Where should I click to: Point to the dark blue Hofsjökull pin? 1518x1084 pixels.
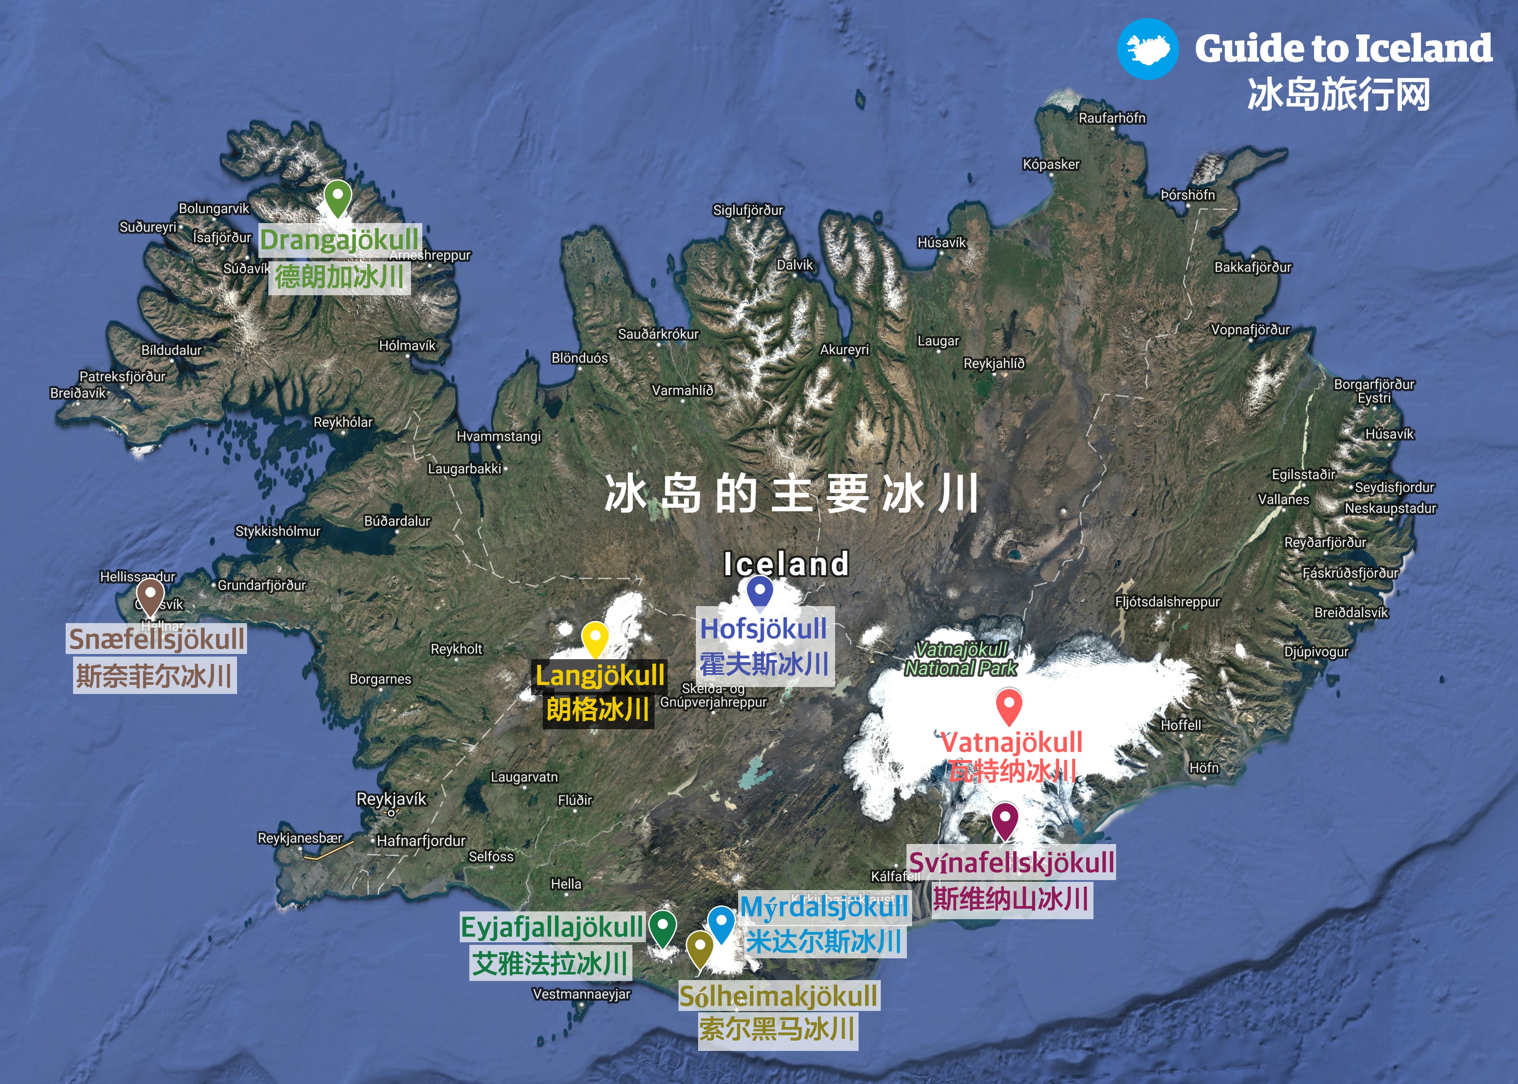point(760,591)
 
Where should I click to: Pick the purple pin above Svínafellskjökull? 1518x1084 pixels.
point(1005,819)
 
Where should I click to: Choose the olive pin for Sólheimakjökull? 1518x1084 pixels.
point(699,947)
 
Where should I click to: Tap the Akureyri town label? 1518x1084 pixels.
point(844,350)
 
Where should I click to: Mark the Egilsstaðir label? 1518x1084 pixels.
point(1303,474)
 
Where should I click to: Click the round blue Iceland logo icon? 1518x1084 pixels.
point(1147,49)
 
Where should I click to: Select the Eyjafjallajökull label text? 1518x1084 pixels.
point(552,927)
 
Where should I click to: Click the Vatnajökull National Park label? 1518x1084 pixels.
point(961,658)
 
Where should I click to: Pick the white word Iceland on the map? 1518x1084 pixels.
point(786,564)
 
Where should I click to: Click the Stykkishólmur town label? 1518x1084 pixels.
point(278,531)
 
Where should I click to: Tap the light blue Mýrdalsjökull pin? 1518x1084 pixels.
point(721,923)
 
